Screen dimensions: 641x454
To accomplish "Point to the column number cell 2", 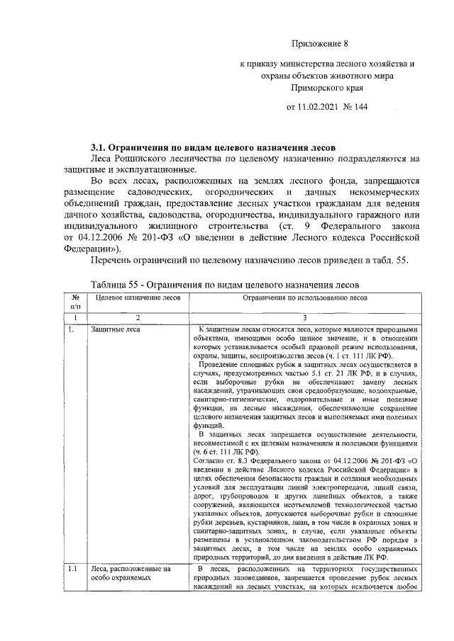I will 138,317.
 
